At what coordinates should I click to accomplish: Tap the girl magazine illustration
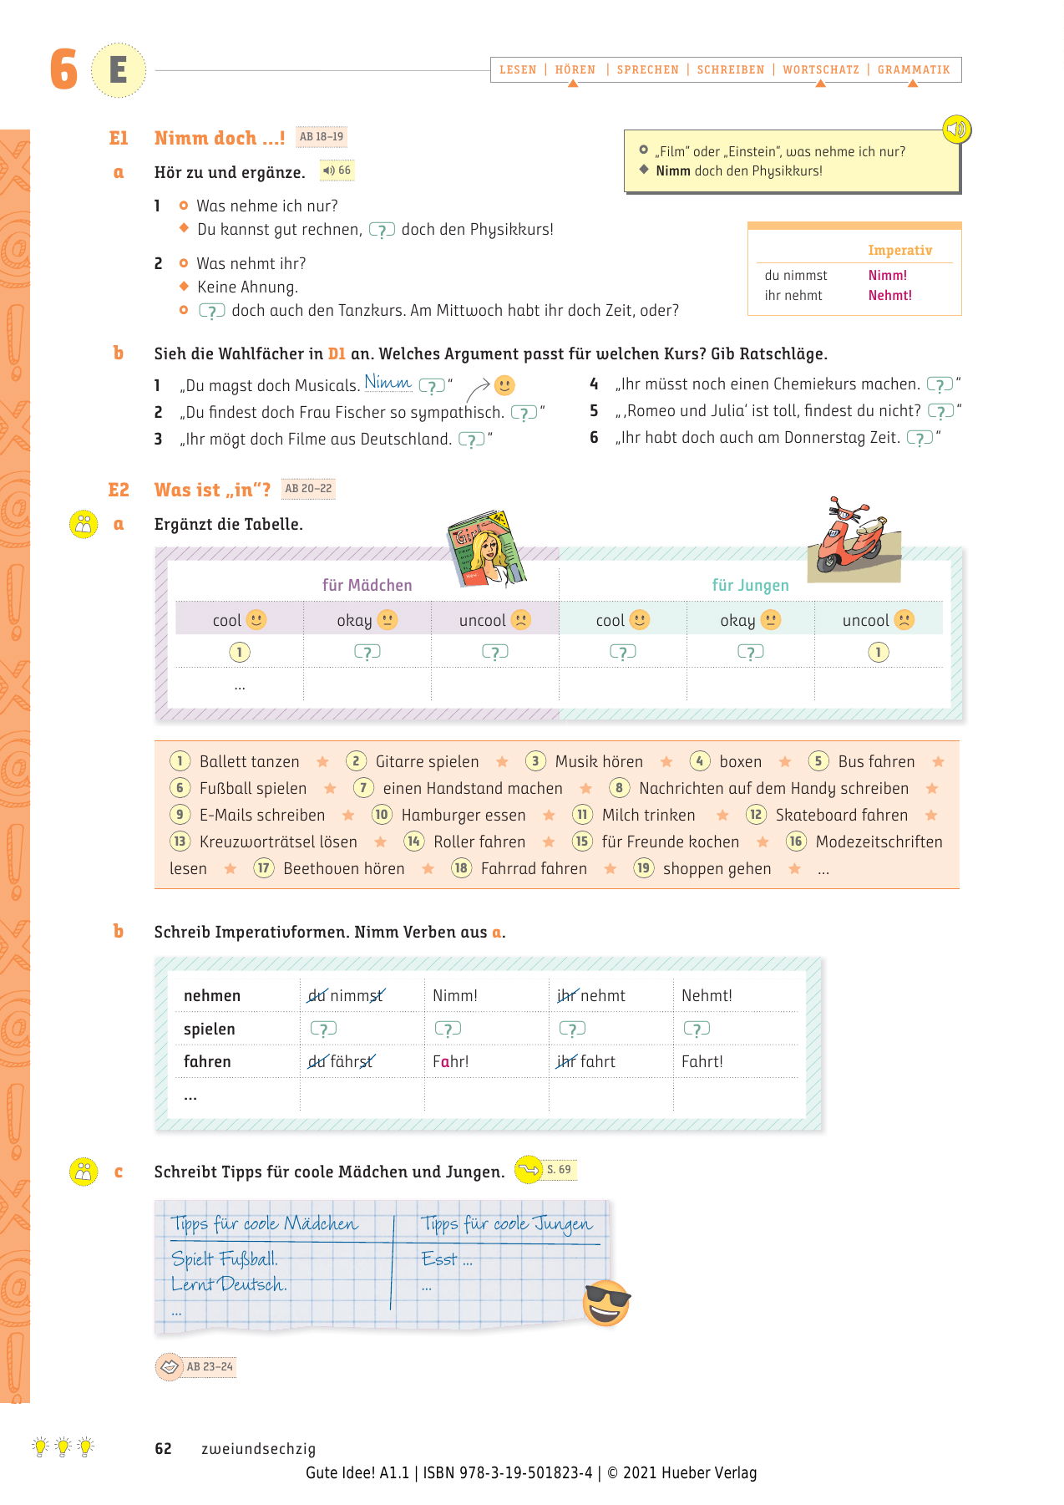(x=487, y=548)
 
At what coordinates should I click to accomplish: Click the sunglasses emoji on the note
(x=606, y=1302)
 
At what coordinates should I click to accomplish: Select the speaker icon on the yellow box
(x=957, y=130)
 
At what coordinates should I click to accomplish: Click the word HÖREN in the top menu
(x=575, y=70)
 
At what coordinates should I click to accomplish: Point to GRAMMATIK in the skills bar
(x=914, y=70)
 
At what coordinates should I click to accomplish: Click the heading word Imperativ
(x=899, y=251)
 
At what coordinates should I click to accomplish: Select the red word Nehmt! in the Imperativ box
(x=889, y=296)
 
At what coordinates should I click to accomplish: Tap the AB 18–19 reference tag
(x=322, y=137)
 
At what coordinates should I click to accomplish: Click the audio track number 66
(x=344, y=170)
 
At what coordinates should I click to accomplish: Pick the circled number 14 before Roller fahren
(x=414, y=841)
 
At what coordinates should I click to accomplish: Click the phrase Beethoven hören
(x=344, y=869)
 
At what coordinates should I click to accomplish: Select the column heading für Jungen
(x=750, y=586)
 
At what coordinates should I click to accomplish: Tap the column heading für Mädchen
(x=367, y=586)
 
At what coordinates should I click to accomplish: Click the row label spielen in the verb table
(x=210, y=1030)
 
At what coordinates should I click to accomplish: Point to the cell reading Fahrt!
(x=702, y=1062)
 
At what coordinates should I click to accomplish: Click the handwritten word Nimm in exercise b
(x=388, y=383)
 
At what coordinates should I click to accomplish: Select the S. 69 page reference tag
(x=559, y=1170)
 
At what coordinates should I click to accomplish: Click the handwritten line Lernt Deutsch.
(x=229, y=1284)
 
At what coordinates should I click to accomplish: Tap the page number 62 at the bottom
(x=164, y=1449)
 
